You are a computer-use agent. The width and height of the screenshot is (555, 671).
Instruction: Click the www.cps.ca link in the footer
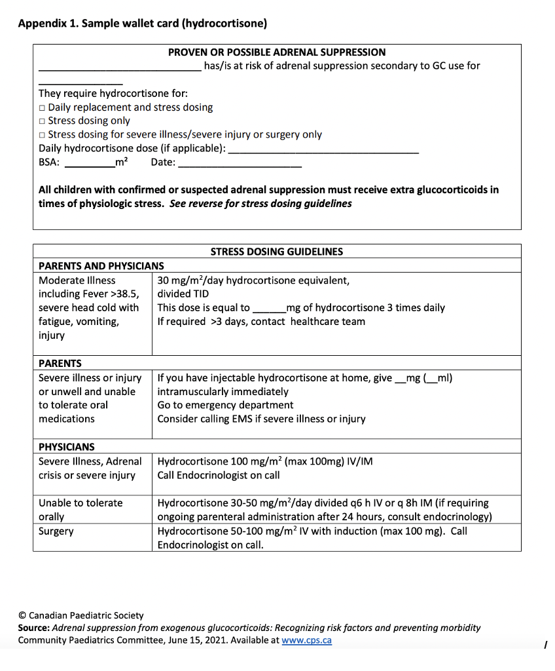pyautogui.click(x=306, y=640)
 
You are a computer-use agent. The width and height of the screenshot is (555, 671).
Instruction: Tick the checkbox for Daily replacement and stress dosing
pyautogui.click(x=42, y=107)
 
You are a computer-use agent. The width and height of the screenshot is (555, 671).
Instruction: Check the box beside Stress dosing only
pyautogui.click(x=42, y=121)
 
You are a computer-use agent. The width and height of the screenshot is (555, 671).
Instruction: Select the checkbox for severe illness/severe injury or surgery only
pyautogui.click(x=42, y=135)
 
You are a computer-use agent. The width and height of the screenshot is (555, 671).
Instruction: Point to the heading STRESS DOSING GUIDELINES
pyautogui.click(x=277, y=252)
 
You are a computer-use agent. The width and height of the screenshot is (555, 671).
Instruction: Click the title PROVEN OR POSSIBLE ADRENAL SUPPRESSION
pyautogui.click(x=277, y=52)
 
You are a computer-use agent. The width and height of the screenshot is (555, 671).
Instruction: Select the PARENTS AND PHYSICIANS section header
pyautogui.click(x=101, y=266)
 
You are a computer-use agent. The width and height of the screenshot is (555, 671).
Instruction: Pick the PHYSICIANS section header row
pyautogui.click(x=67, y=447)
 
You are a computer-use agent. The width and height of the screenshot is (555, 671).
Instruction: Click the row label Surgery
pyautogui.click(x=56, y=531)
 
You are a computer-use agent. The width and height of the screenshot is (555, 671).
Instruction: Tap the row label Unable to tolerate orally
pyautogui.click(x=81, y=510)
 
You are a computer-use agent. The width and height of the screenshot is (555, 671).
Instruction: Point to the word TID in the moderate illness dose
pyautogui.click(x=200, y=294)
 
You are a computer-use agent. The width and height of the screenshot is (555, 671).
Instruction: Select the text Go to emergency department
pyautogui.click(x=225, y=405)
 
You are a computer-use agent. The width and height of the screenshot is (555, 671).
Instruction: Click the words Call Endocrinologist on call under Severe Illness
pyautogui.click(x=219, y=475)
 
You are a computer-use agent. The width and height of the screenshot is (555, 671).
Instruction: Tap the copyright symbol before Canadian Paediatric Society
pyautogui.click(x=22, y=616)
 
